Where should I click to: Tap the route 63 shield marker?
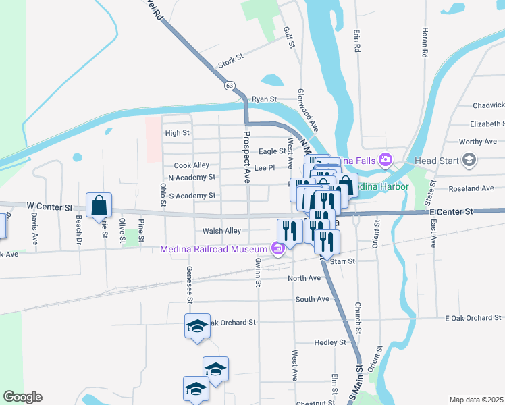[x=230, y=86]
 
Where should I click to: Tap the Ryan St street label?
[x=265, y=99]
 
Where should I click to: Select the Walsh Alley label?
[x=221, y=231]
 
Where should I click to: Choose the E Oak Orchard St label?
[x=473, y=318]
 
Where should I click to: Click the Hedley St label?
[x=330, y=342]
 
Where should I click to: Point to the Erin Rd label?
[x=356, y=40]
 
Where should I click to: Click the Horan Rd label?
[x=425, y=42]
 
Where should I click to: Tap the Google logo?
[x=22, y=397]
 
